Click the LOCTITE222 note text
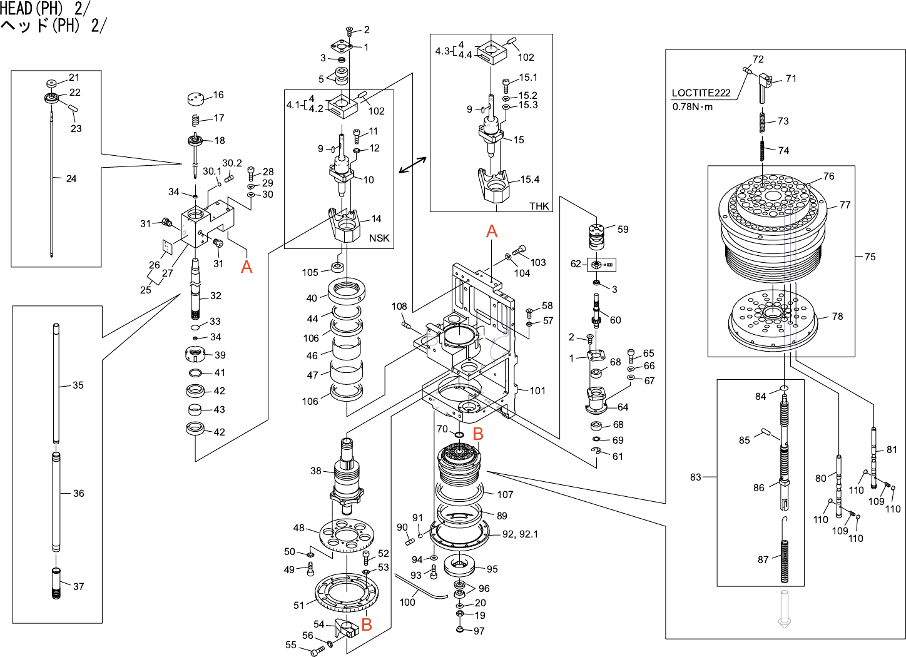click(701, 93)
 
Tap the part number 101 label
click(537, 391)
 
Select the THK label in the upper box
click(539, 206)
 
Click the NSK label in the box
click(379, 238)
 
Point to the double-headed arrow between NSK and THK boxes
click(412, 165)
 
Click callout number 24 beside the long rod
click(71, 179)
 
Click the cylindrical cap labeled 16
click(196, 99)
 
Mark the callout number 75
click(870, 257)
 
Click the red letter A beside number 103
click(492, 232)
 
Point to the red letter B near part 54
click(367, 624)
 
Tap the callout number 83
click(696, 477)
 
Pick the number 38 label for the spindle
click(316, 471)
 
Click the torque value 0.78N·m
click(693, 107)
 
